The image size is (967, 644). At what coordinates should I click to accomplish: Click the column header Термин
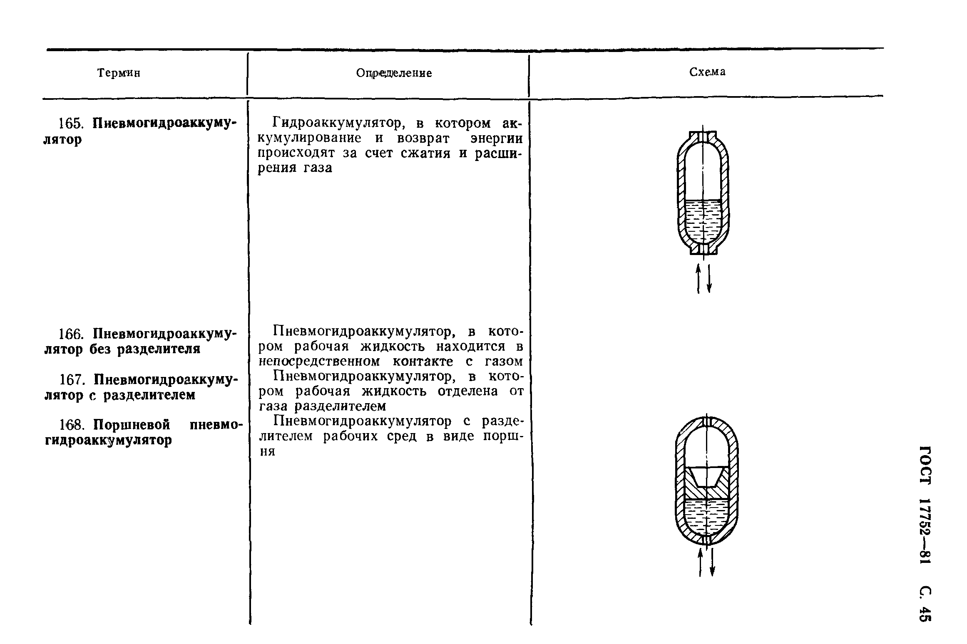point(119,73)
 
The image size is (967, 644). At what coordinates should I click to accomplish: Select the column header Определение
point(394,73)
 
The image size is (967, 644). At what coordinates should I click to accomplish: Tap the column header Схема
point(707,72)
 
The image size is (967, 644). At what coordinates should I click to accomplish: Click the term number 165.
point(71,124)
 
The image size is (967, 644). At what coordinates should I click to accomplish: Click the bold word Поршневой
point(132,425)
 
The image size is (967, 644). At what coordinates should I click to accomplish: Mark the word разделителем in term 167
point(149,394)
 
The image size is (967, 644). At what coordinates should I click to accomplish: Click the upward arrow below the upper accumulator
point(698,280)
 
